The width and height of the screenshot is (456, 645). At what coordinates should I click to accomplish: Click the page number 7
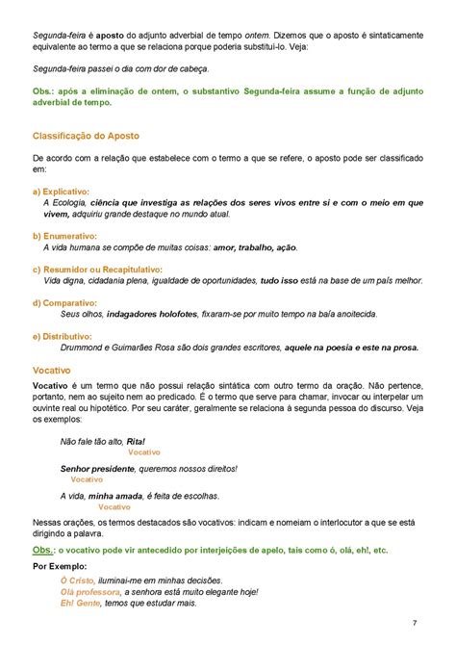(x=414, y=623)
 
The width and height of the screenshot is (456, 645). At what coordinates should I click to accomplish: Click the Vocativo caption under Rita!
(x=143, y=451)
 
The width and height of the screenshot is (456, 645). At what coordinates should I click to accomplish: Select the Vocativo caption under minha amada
(x=114, y=506)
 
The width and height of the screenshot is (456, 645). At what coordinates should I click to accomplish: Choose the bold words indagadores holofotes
(x=153, y=314)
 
